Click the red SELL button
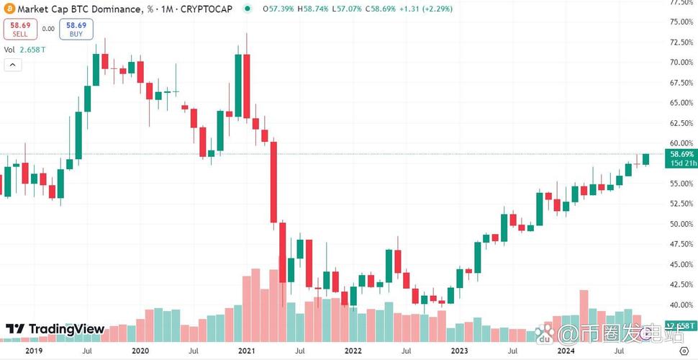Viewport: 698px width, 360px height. tap(19, 29)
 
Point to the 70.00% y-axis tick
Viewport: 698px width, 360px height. tap(681, 63)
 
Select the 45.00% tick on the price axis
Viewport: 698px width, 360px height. tap(681, 264)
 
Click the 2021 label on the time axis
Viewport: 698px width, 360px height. tap(247, 351)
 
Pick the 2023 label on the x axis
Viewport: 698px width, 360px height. tap(458, 351)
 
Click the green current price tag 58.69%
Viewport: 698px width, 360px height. tap(681, 155)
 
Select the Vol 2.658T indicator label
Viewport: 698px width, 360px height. tap(24, 50)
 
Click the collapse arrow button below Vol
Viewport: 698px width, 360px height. tap(12, 65)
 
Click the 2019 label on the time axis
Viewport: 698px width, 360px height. tap(34, 351)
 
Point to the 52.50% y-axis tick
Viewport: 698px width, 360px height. tap(681, 204)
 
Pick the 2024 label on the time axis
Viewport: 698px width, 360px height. tap(565, 351)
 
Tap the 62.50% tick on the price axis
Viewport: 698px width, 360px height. tap(681, 123)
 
